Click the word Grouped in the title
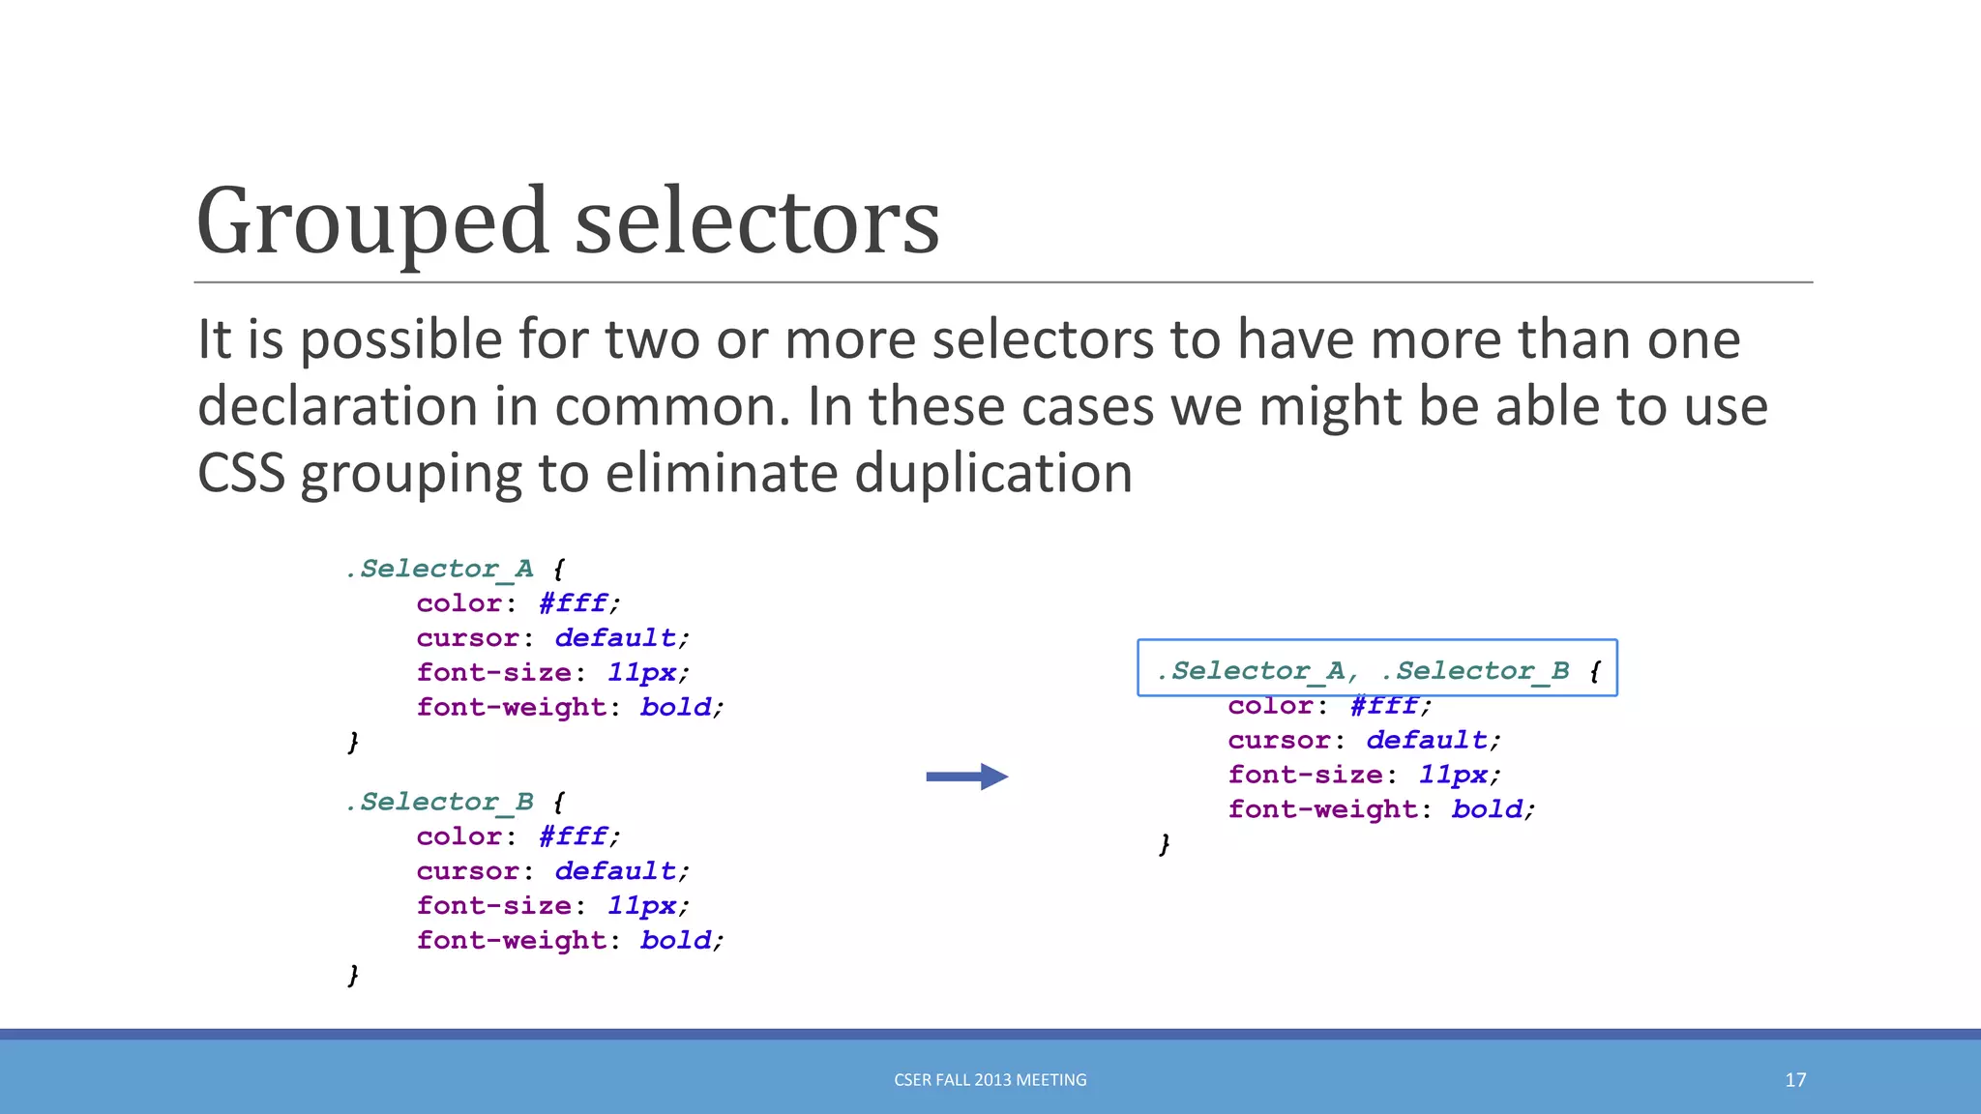pyautogui.click(x=372, y=221)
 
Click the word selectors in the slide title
pyautogui.click(x=757, y=221)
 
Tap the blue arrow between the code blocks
pyautogui.click(x=966, y=777)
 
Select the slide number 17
pyautogui.click(x=1795, y=1080)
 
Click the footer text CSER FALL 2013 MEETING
pyautogui.click(x=990, y=1080)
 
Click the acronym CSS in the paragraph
pyautogui.click(x=241, y=474)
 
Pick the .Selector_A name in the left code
pyautogui.click(x=440, y=569)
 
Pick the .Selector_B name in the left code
pyautogui.click(x=440, y=802)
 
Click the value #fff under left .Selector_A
pyautogui.click(x=573, y=603)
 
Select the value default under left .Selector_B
pyautogui.click(x=615, y=871)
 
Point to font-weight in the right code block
pyautogui.click(x=1322, y=809)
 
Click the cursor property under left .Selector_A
pyautogui.click(x=467, y=638)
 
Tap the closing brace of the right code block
pyautogui.click(x=1165, y=844)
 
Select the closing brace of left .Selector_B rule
pyautogui.click(x=353, y=975)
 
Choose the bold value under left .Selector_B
pyautogui.click(x=675, y=940)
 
